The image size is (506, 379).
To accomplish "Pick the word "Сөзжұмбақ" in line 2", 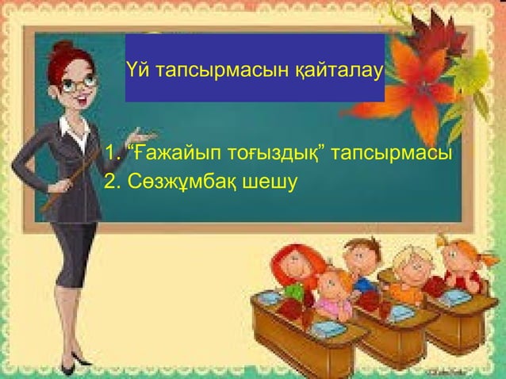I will click(x=169, y=182).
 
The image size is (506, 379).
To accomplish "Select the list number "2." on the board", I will click(x=112, y=182).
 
